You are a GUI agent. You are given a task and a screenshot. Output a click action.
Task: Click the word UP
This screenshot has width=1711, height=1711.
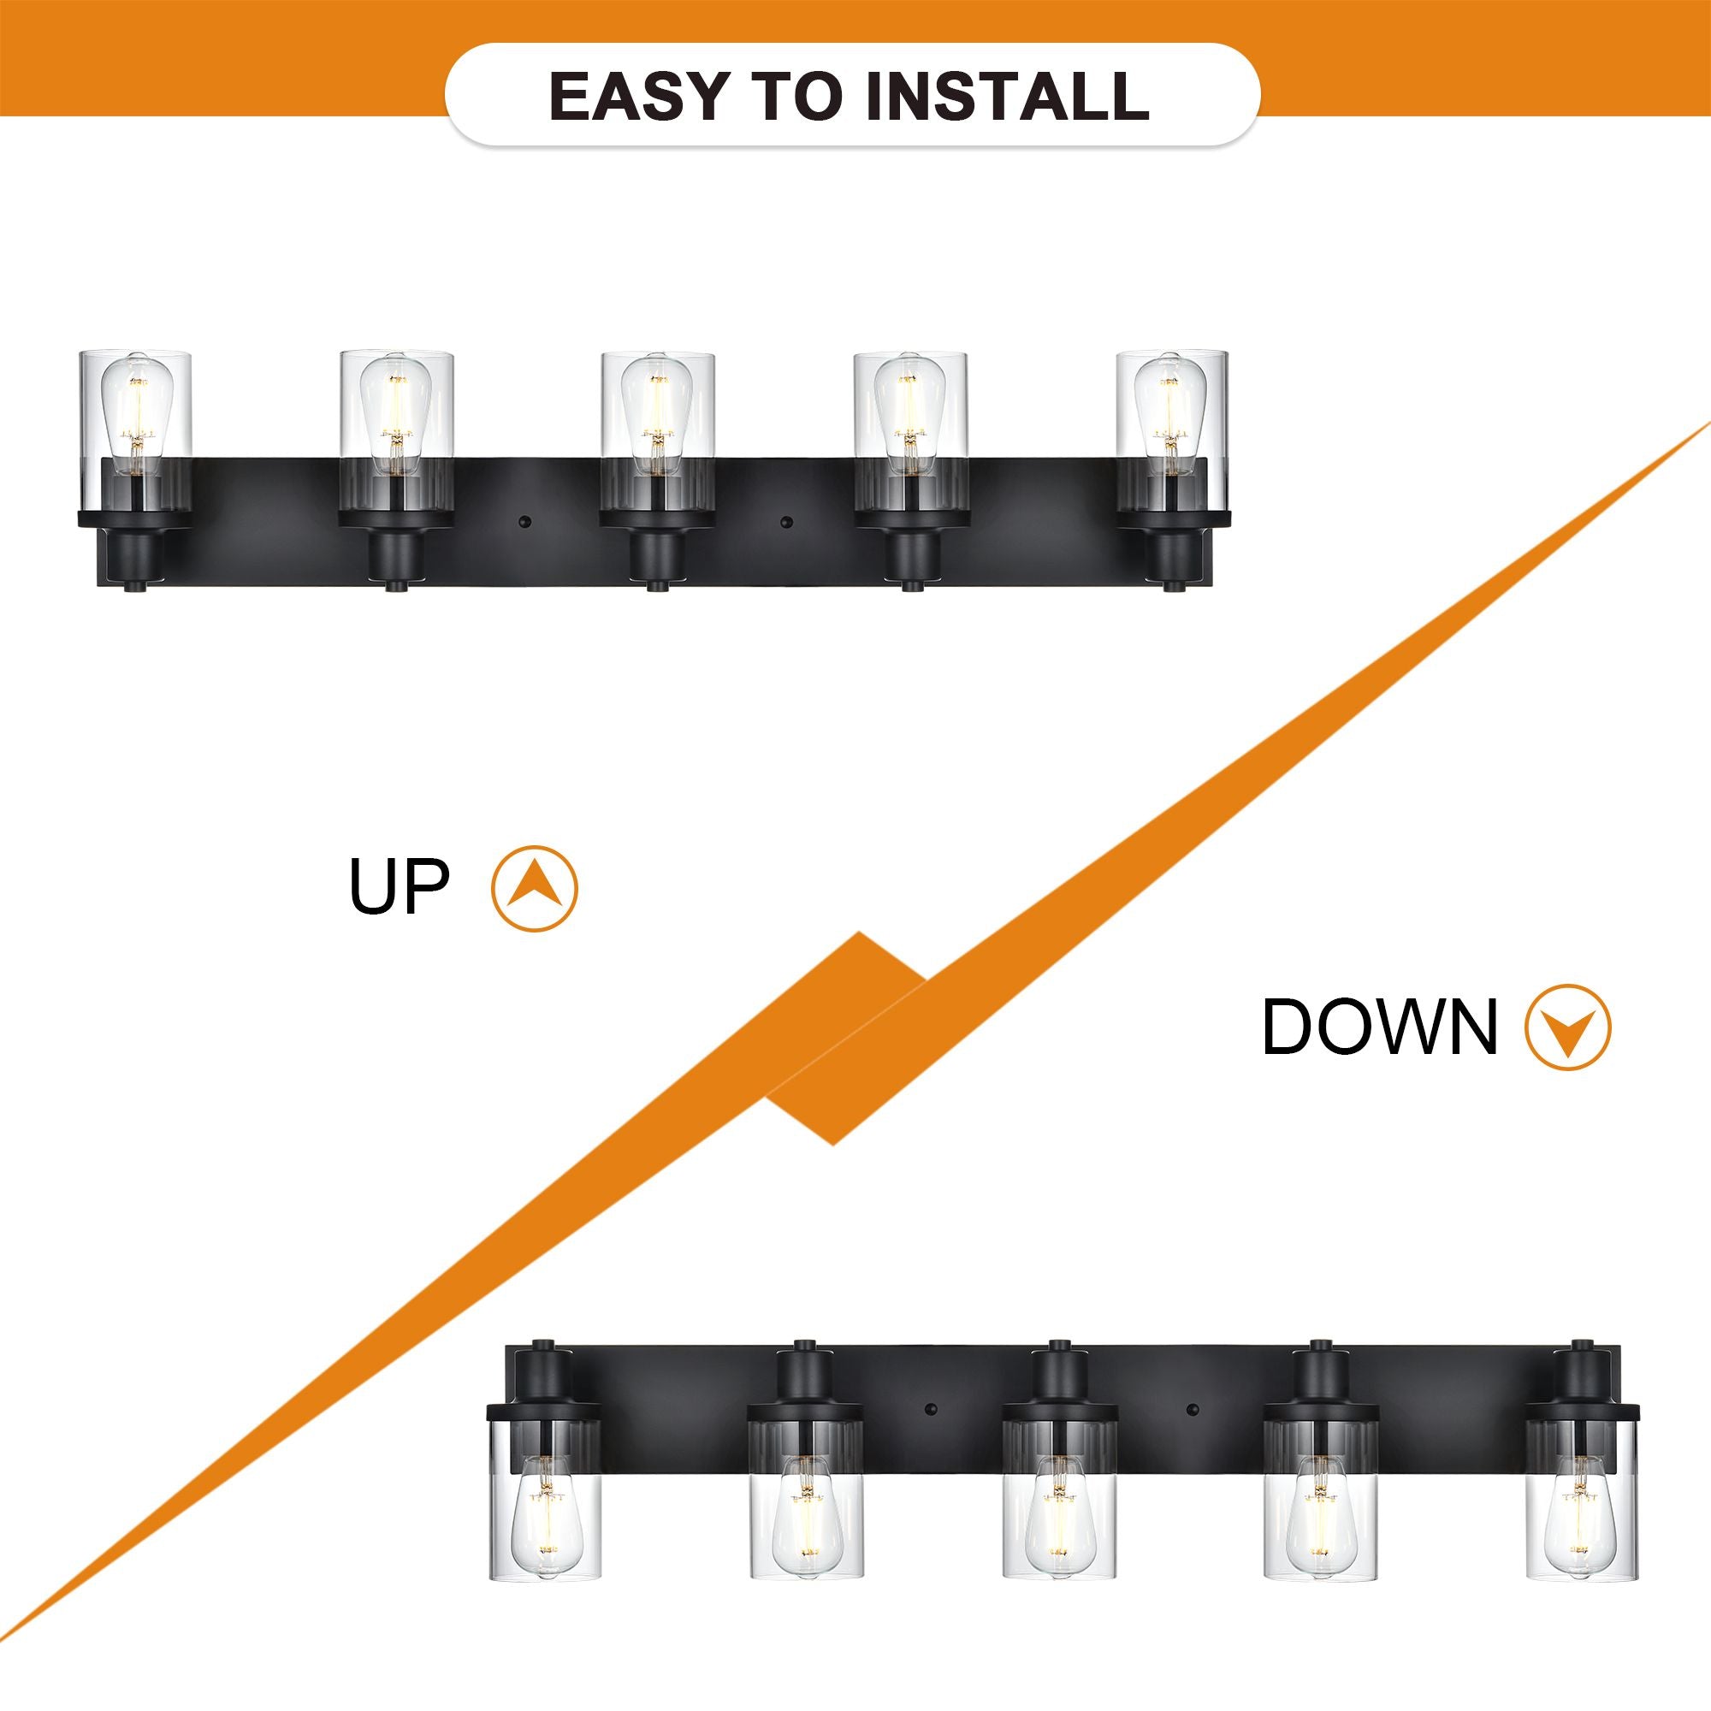[x=400, y=886]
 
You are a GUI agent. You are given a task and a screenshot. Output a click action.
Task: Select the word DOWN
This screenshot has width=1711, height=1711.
[x=1379, y=1027]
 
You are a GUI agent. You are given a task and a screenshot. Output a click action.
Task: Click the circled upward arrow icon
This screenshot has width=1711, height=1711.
[x=534, y=888]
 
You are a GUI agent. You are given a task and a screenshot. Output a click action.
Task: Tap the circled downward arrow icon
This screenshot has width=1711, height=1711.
[x=1568, y=1027]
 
